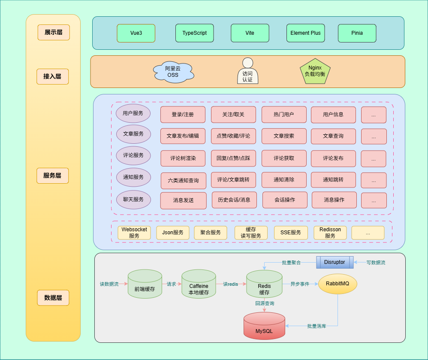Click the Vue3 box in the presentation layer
point(136,33)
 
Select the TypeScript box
point(194,33)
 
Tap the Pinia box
point(357,33)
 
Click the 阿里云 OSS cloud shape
point(173,72)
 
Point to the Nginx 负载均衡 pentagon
point(315,71)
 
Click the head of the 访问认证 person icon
point(247,63)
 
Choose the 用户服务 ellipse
point(133,114)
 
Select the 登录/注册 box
point(183,115)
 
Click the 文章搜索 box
point(284,136)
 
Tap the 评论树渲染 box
point(183,158)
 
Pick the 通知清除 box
point(284,179)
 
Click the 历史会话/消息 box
point(234,200)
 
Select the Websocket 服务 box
point(134,233)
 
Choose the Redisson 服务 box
point(330,233)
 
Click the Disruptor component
point(335,262)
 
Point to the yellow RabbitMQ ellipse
point(338,284)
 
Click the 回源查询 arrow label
point(265,303)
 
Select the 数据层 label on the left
point(53,297)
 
